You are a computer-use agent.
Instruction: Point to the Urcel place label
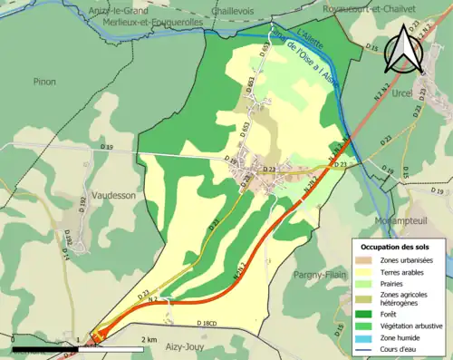403,93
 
